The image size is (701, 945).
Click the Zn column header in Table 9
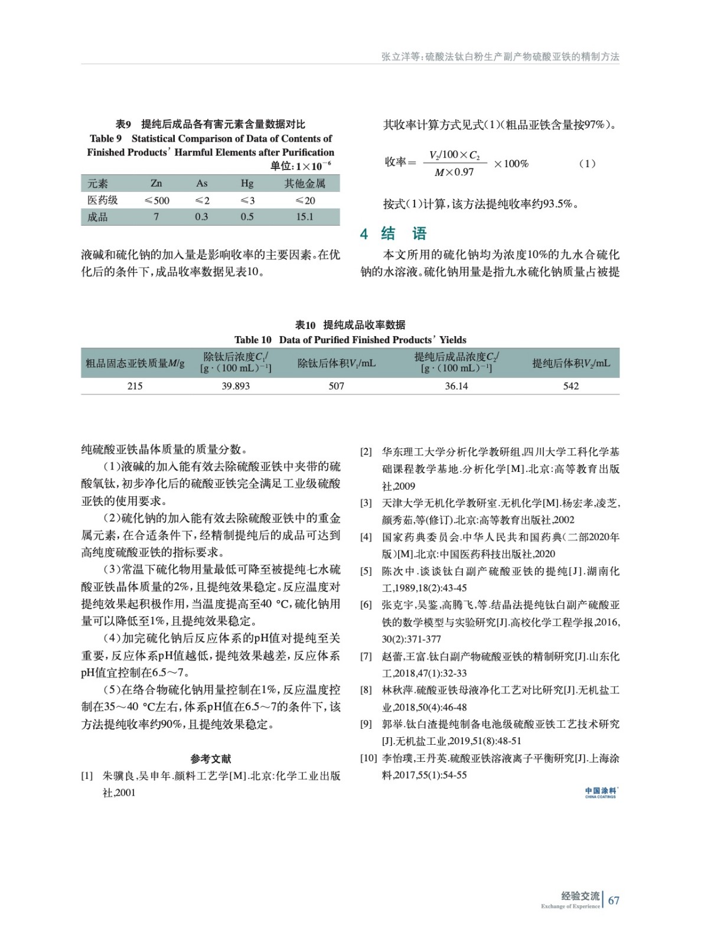pyautogui.click(x=156, y=183)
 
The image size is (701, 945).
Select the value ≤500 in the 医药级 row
pyautogui.click(x=156, y=200)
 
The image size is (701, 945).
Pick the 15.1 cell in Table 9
pyautogui.click(x=305, y=217)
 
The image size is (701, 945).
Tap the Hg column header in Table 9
pyautogui.click(x=247, y=183)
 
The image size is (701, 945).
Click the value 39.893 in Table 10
pyautogui.click(x=236, y=386)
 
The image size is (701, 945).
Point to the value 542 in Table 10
pyautogui.click(x=570, y=386)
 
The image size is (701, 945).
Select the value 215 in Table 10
pyautogui.click(x=135, y=386)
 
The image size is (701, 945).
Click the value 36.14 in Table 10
pyautogui.click(x=456, y=386)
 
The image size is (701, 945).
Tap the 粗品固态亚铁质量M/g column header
pyautogui.click(x=135, y=363)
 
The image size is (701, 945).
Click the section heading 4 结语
pyautogui.click(x=394, y=234)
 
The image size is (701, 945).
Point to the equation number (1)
pyautogui.click(x=586, y=164)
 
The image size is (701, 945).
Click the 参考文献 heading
pyautogui.click(x=211, y=758)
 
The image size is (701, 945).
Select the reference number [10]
pyautogui.click(x=369, y=758)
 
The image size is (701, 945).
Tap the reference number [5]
pyautogui.click(x=367, y=571)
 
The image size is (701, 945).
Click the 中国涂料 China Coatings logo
pyautogui.click(x=601, y=792)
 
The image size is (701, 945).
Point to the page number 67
pyautogui.click(x=614, y=900)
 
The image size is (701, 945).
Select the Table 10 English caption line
pyautogui.click(x=350, y=340)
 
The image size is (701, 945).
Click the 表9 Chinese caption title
pyautogui.click(x=210, y=124)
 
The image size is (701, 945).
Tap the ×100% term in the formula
pyautogui.click(x=511, y=164)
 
